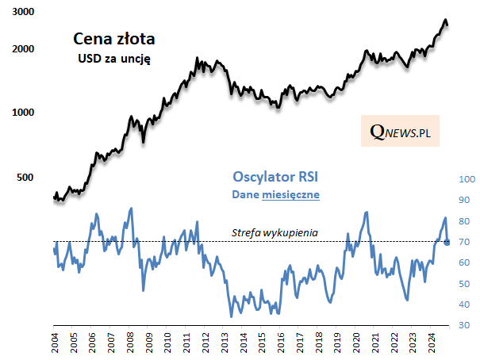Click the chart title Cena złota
pos(113,38)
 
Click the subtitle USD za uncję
pos(113,58)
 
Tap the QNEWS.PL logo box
pos(400,132)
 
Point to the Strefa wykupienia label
pos(275,232)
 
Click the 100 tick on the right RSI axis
pos(465,179)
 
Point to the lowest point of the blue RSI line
pos(231,317)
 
